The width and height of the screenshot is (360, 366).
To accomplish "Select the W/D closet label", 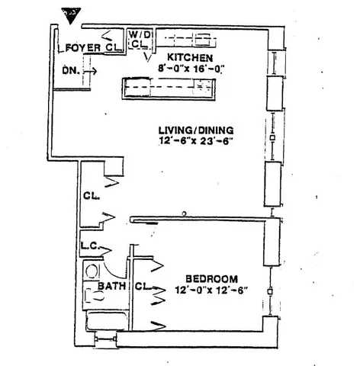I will click(138, 40).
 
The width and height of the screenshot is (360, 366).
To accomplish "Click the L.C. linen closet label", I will click(88, 247).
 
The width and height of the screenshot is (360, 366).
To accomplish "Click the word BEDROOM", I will click(212, 278).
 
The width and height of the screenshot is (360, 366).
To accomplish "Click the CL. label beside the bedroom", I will click(140, 287).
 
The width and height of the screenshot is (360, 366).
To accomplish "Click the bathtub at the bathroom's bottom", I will click(102, 321).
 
